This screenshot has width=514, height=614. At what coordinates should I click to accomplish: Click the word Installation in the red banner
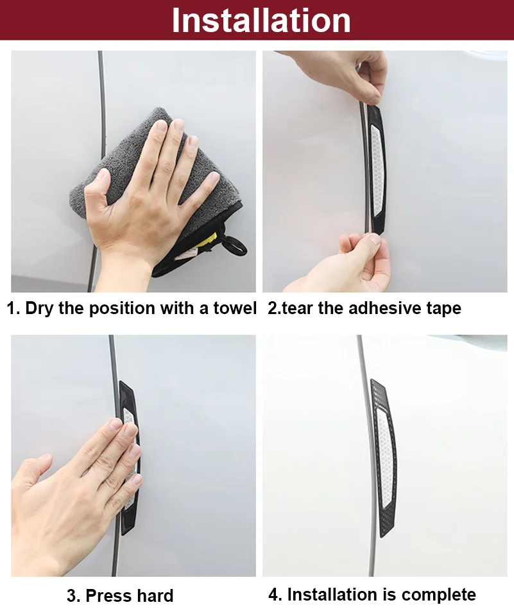261,21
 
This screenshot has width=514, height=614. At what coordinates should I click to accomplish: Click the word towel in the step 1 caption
235,308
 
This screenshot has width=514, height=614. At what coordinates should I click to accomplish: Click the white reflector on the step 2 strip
377,170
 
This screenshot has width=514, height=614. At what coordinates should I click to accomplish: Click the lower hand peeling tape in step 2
345,262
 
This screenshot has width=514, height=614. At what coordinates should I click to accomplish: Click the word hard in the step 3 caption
155,595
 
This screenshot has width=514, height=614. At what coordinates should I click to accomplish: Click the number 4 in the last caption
273,594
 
